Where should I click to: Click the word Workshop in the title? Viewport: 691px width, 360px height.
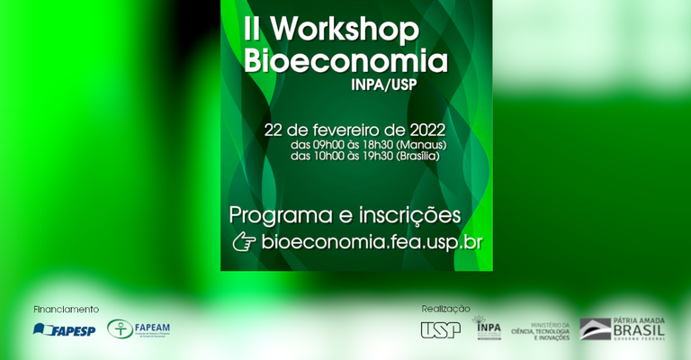(344, 30)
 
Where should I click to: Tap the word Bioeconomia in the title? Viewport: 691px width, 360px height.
(345, 61)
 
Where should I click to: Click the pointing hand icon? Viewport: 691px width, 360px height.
(244, 241)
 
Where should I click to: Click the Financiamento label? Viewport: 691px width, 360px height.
(66, 309)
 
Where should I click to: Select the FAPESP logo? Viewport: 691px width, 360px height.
(64, 329)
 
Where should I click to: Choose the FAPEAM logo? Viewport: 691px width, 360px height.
(139, 328)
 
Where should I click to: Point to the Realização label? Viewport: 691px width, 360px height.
(445, 309)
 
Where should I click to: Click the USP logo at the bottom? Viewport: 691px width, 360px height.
(440, 329)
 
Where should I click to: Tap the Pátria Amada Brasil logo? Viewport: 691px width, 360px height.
(622, 328)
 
